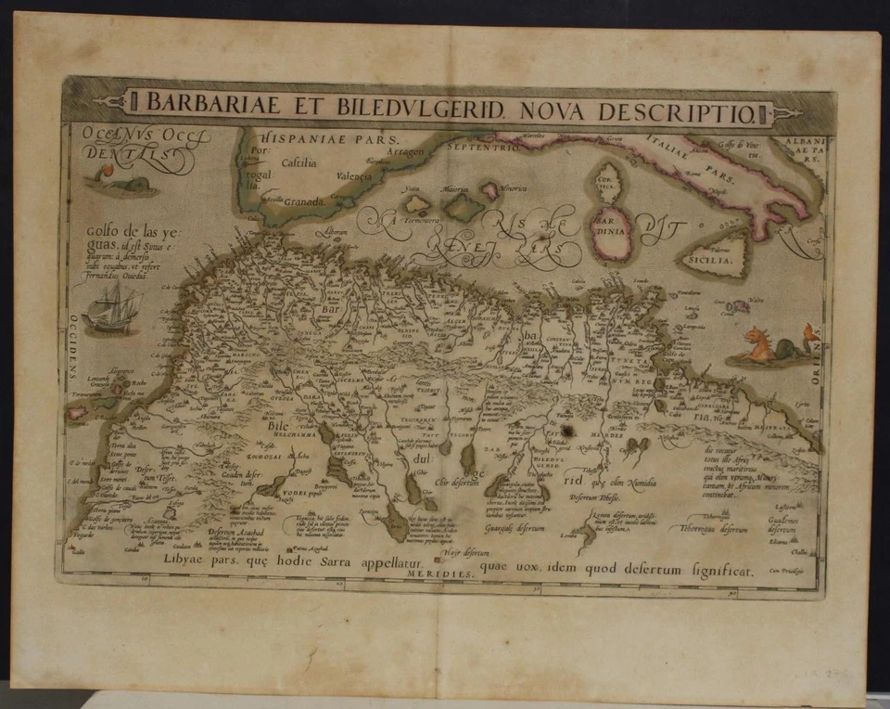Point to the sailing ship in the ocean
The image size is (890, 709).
[112, 308]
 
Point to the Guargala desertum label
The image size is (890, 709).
[514, 528]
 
